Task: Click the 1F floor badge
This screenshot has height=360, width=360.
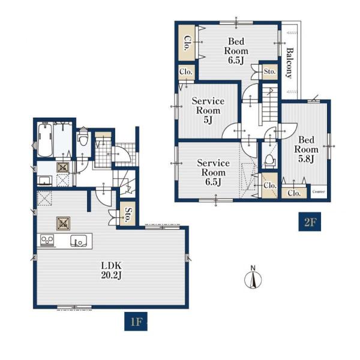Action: tap(136, 321)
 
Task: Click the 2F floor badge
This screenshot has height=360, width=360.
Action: tap(310, 221)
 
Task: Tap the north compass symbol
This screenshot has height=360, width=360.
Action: tap(253, 277)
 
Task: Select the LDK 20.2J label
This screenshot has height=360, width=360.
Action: tap(112, 270)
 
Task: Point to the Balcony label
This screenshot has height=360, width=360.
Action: tap(290, 63)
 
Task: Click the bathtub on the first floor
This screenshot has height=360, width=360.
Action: tap(45, 140)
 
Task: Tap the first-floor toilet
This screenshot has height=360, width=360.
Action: tap(83, 137)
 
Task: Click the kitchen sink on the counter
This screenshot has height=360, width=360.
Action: tap(79, 241)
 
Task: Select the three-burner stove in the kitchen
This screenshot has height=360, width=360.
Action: tap(47, 241)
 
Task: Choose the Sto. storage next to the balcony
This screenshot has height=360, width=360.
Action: tap(269, 71)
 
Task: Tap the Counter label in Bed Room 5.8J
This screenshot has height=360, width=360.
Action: tap(319, 191)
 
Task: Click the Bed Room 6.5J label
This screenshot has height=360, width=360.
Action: tap(236, 51)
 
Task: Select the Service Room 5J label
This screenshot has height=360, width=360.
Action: tap(208, 110)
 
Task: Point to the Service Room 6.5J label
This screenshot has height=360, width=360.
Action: tap(213, 172)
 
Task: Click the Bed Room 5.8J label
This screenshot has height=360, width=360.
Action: tap(306, 149)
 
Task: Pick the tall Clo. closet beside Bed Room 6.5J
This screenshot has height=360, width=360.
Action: tap(187, 43)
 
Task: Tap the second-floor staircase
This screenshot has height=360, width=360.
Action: tap(269, 104)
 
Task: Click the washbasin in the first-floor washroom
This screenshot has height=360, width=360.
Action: tap(44, 181)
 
